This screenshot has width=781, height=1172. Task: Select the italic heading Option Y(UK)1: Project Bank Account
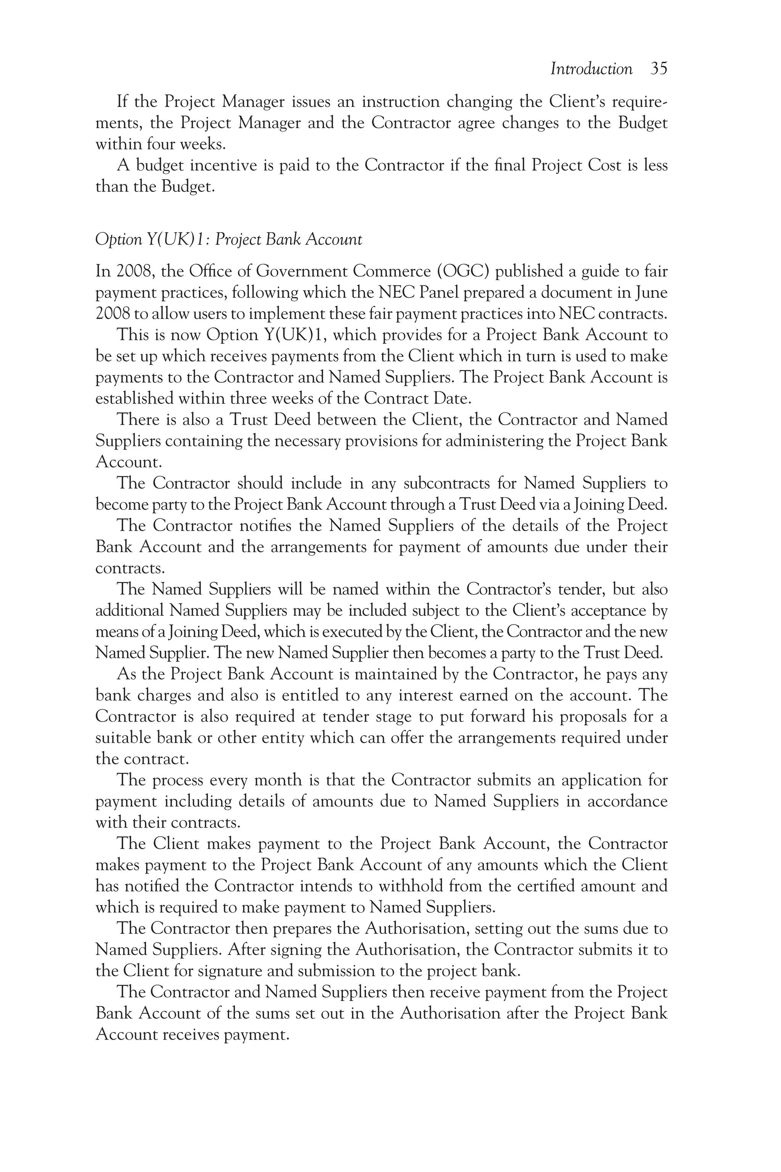[228, 240]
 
